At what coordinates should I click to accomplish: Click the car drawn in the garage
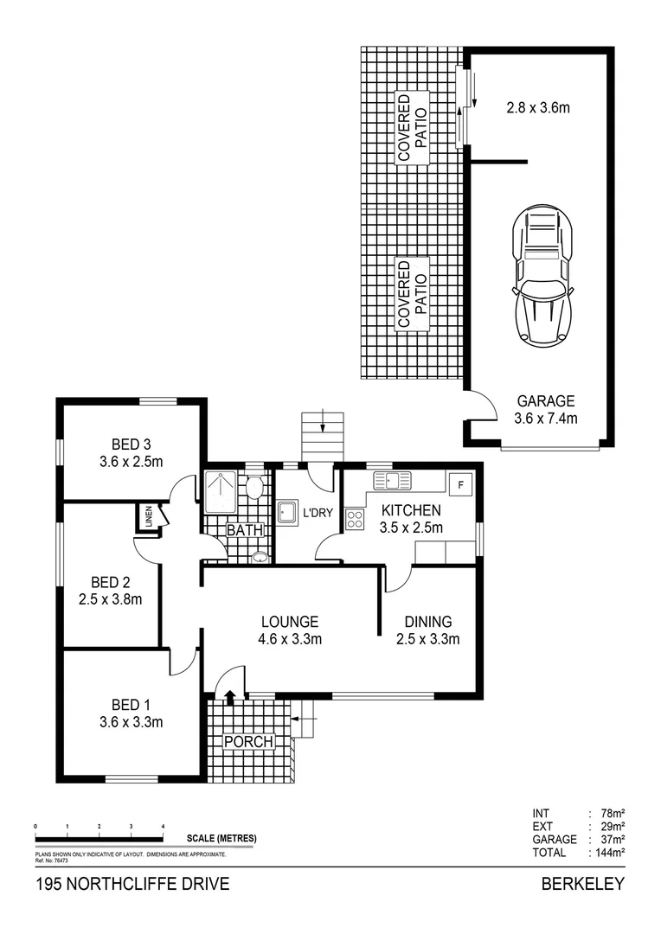tap(542, 276)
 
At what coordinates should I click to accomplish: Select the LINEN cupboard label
tap(148, 518)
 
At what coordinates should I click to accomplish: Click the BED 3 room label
tap(131, 453)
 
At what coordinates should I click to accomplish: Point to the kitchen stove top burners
tap(355, 519)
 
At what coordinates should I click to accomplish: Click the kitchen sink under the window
tap(392, 480)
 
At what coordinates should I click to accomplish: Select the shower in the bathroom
tap(220, 492)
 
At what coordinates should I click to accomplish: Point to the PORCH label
tap(248, 742)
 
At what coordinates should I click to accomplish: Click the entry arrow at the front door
tap(230, 696)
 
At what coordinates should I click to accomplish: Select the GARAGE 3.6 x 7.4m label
tap(546, 409)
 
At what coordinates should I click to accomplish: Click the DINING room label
tap(428, 630)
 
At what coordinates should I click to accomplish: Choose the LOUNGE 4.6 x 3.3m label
tap(291, 630)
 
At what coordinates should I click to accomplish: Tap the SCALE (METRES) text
tap(221, 839)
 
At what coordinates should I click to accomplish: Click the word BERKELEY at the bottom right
tap(582, 885)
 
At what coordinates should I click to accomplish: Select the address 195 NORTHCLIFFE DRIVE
tap(132, 885)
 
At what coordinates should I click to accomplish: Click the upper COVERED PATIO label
tap(414, 127)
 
